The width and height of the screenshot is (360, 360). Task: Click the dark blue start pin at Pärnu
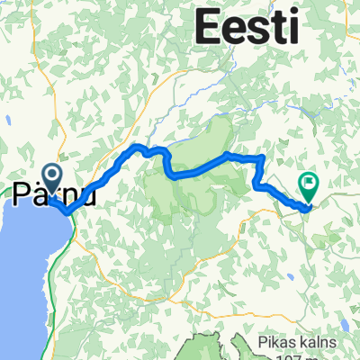(x=50, y=175)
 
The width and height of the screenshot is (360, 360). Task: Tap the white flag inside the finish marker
(x=310, y=184)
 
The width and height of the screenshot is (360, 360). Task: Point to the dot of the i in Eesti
(x=293, y=13)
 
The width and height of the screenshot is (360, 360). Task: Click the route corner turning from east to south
(x=262, y=158)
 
